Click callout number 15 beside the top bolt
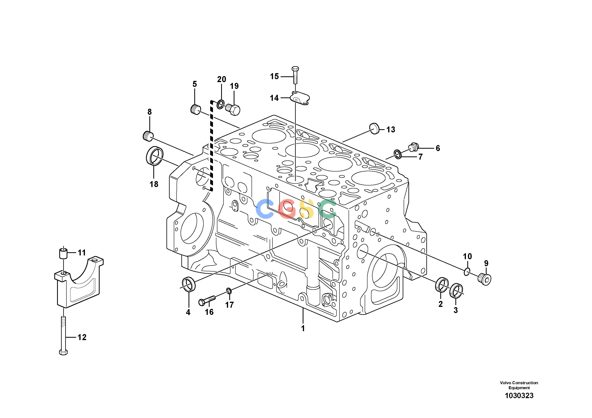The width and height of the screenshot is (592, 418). click(x=274, y=76)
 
